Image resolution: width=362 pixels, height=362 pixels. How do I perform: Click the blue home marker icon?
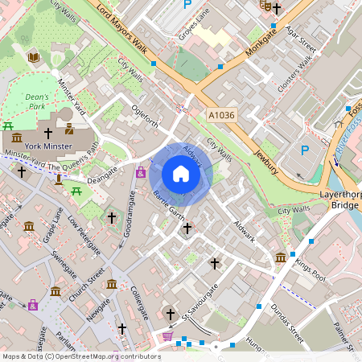[181, 174]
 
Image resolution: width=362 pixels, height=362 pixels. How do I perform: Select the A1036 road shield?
[221, 116]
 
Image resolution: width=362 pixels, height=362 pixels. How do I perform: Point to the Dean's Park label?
[37, 101]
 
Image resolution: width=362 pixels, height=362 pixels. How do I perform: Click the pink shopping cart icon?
[167, 336]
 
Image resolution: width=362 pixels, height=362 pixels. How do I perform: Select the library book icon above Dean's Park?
[34, 57]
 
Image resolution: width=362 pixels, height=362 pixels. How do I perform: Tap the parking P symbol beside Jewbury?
[305, 150]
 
